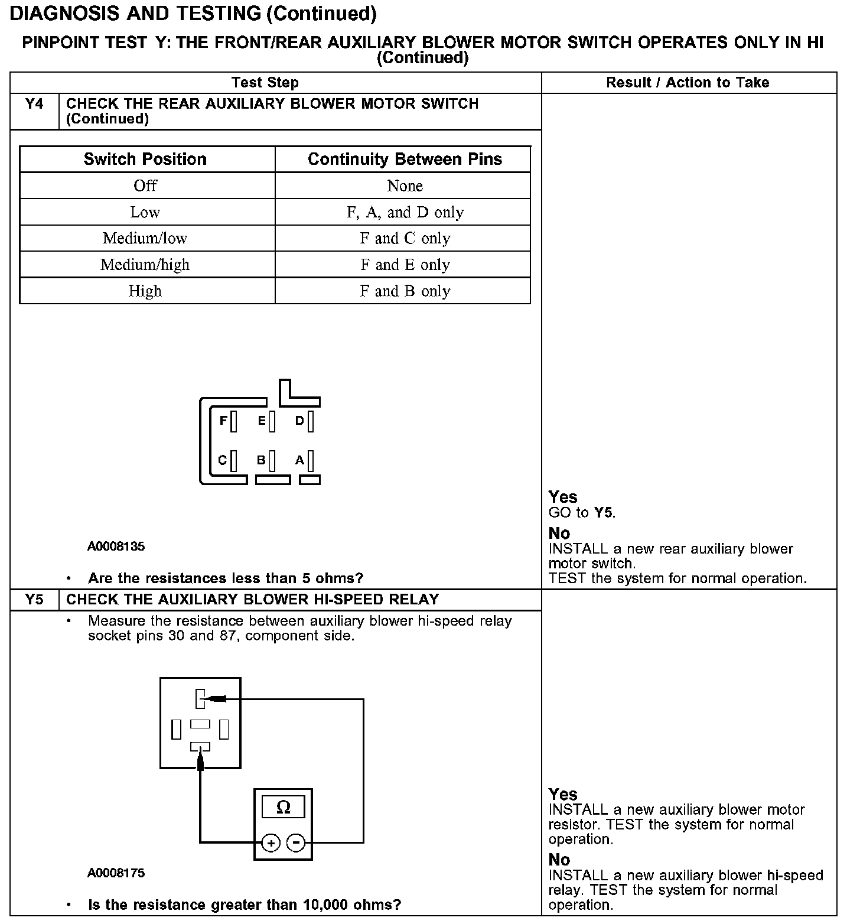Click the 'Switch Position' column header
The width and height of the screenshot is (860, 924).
pyautogui.click(x=145, y=159)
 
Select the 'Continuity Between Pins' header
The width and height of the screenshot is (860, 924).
pyautogui.click(x=405, y=159)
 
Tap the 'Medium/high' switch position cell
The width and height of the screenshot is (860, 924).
pyautogui.click(x=145, y=264)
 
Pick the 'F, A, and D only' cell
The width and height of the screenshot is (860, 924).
pyautogui.click(x=405, y=212)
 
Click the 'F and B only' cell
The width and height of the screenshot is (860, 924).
pyautogui.click(x=405, y=291)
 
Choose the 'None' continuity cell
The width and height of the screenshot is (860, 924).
pyautogui.click(x=405, y=186)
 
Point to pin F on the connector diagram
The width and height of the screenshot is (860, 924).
pyautogui.click(x=233, y=421)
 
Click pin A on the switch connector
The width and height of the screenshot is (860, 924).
pyautogui.click(x=310, y=460)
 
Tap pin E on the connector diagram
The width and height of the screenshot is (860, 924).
pyautogui.click(x=271, y=421)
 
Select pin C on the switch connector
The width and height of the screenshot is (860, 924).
pyautogui.click(x=233, y=460)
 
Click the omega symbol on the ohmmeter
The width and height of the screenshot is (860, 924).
pyautogui.click(x=284, y=807)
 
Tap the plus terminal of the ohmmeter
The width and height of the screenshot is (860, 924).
pyautogui.click(x=271, y=843)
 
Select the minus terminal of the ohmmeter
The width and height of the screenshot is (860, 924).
pyautogui.click(x=296, y=843)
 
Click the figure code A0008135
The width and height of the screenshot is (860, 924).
pyautogui.click(x=116, y=546)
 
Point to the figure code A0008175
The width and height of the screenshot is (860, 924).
pyautogui.click(x=116, y=873)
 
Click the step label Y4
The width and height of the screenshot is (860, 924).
pyautogui.click(x=35, y=104)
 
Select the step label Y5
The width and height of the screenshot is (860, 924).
pyautogui.click(x=35, y=600)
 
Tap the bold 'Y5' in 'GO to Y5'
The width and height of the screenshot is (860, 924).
pyautogui.click(x=604, y=512)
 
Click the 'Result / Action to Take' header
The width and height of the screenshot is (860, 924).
pyautogui.click(x=688, y=83)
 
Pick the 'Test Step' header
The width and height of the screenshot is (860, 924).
pyautogui.click(x=265, y=83)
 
